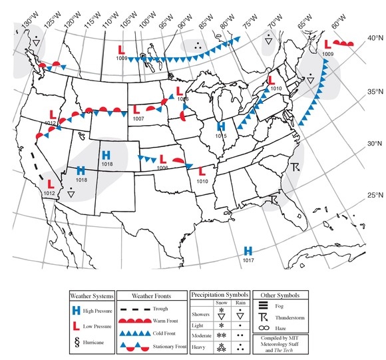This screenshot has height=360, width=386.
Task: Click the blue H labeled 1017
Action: pyautogui.click(x=248, y=250)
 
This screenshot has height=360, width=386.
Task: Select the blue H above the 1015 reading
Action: pyautogui.click(x=222, y=126)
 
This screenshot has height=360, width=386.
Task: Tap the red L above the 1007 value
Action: pyautogui.click(x=136, y=109)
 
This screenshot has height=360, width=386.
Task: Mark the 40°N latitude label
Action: pyautogui.click(x=372, y=39)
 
